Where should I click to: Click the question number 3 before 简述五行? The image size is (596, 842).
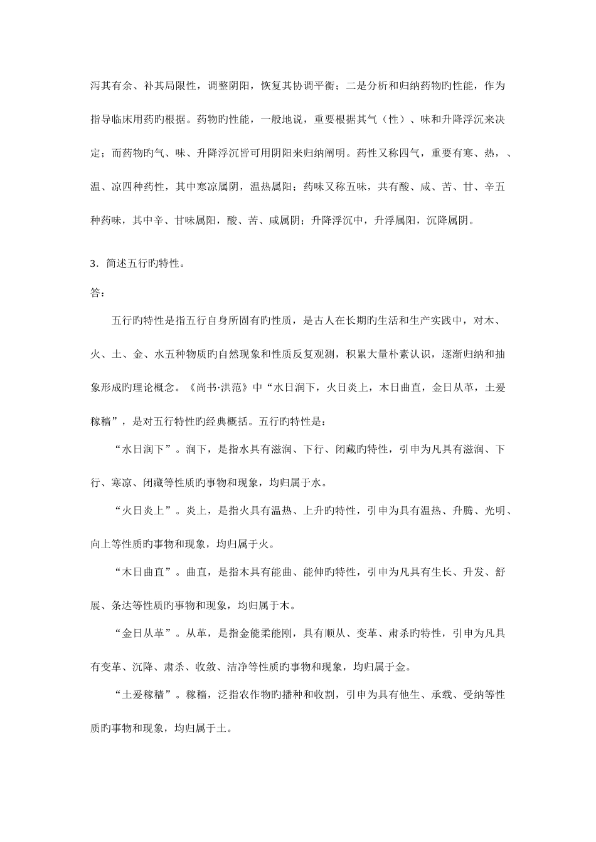point(93,264)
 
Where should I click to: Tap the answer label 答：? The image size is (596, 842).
point(98,292)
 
